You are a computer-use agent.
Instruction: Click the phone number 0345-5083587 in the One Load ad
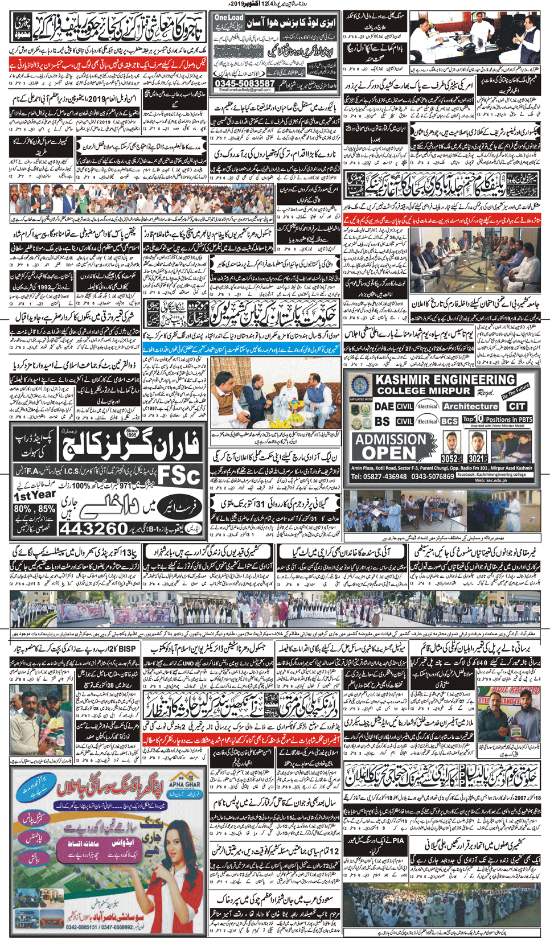pyautogui.click(x=245, y=83)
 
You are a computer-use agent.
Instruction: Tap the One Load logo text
pyautogui.click(x=229, y=18)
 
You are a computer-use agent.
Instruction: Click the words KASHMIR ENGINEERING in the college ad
pyautogui.click(x=444, y=380)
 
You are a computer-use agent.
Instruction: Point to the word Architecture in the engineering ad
pyautogui.click(x=470, y=406)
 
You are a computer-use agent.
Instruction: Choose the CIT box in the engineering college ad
pyautogui.click(x=518, y=406)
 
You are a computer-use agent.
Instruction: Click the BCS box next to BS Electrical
pyautogui.click(x=449, y=421)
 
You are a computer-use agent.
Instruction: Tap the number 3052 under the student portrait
pyautogui.click(x=450, y=458)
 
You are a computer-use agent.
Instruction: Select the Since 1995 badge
pyautogui.click(x=132, y=434)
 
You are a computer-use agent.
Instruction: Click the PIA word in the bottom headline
pyautogui.click(x=398, y=840)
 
